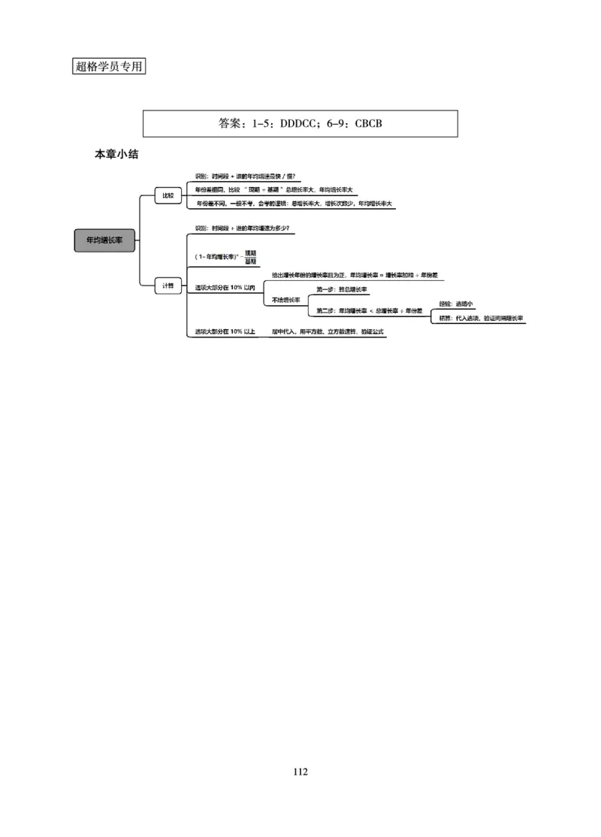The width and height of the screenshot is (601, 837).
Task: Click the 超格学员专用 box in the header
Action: (110, 66)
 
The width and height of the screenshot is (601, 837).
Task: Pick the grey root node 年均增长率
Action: (104, 240)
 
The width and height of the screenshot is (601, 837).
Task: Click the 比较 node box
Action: (168, 195)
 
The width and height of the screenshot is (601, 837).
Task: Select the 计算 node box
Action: (168, 286)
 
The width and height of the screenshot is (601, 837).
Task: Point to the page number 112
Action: (300, 772)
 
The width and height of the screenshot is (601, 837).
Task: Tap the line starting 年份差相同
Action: (279, 189)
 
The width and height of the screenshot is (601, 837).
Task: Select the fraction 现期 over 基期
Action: (250, 257)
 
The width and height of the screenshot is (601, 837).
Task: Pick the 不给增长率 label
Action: (285, 300)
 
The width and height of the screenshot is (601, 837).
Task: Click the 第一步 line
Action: (342, 289)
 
